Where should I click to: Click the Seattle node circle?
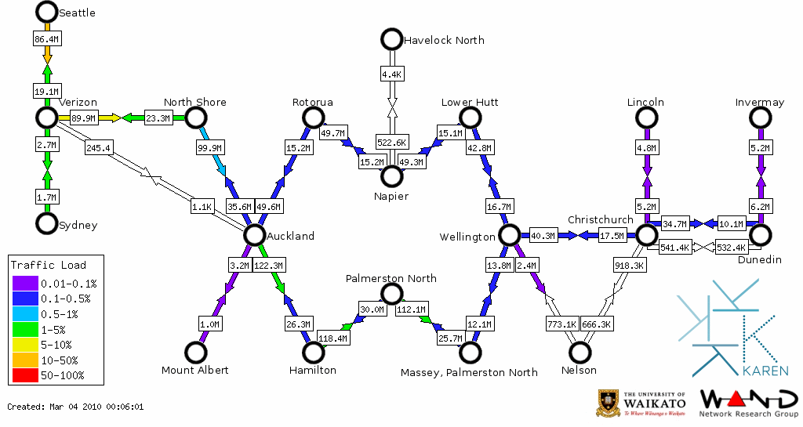(x=47, y=12)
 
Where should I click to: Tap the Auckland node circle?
(x=254, y=234)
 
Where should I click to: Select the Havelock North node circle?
(x=391, y=39)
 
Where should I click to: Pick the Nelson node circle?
(x=580, y=353)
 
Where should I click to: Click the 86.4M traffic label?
(x=47, y=38)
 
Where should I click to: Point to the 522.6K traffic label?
(x=391, y=143)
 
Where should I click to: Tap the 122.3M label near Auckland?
(x=269, y=266)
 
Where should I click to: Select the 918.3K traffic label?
(x=630, y=266)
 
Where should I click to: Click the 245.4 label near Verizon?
(x=100, y=147)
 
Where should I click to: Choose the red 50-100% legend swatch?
(x=24, y=375)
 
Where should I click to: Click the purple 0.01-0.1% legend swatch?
(x=24, y=284)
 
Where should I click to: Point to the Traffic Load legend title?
(x=49, y=265)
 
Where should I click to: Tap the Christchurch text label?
(x=600, y=219)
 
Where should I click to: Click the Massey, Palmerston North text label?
(x=469, y=371)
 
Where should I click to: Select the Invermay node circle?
(x=760, y=118)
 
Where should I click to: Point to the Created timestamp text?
(x=75, y=407)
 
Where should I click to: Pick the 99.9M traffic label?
(x=210, y=147)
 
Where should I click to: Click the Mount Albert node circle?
(x=194, y=353)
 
